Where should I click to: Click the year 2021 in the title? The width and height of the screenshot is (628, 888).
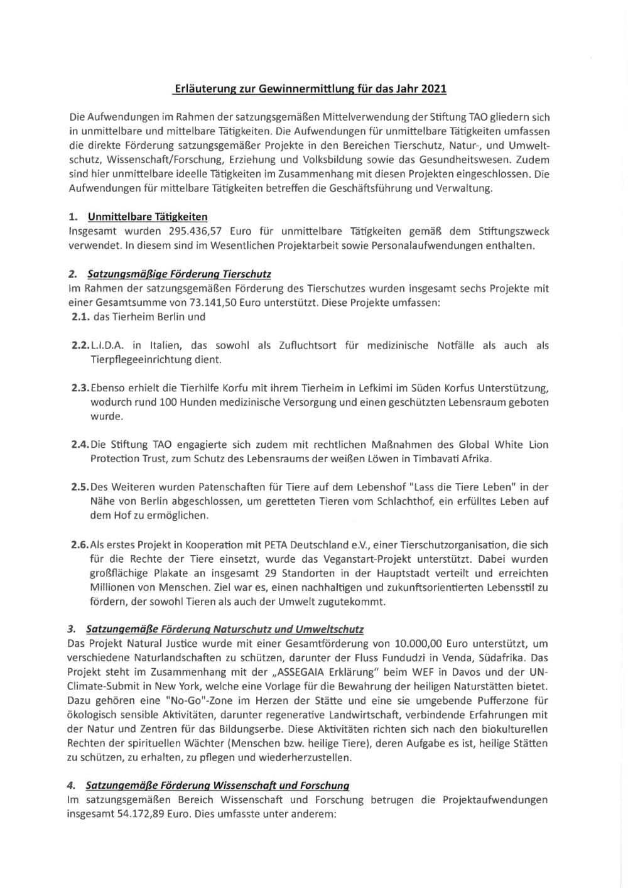pyautogui.click(x=433, y=89)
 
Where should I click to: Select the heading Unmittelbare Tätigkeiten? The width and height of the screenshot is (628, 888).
pyautogui.click(x=148, y=217)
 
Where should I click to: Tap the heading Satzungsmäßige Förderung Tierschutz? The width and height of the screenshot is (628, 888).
pyautogui.click(x=179, y=274)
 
